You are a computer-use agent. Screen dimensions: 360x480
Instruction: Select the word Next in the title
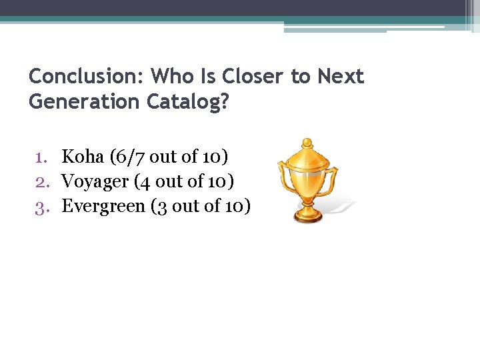[341, 77]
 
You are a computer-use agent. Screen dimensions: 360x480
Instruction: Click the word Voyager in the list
[95, 181]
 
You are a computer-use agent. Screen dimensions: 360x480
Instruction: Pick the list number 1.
[41, 157]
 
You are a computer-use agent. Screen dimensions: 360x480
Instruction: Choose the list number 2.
[41, 181]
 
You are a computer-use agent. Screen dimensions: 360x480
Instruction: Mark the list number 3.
[41, 206]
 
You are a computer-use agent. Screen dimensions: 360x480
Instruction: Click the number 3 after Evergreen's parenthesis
[161, 206]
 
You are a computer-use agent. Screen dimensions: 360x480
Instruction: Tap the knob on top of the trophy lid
[307, 142]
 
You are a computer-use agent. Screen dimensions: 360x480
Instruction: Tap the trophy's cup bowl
[307, 177]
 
